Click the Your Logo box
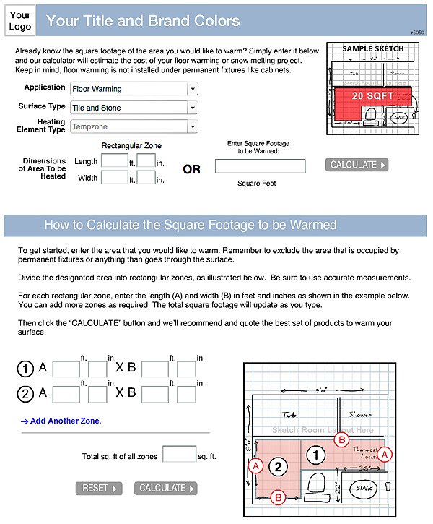pyautogui.click(x=20, y=21)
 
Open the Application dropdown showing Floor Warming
pyautogui.click(x=134, y=89)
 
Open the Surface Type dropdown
pyautogui.click(x=134, y=108)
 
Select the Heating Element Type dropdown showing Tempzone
pyautogui.click(x=134, y=127)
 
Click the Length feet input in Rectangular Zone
pyautogui.click(x=115, y=161)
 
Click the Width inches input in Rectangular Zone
pyautogui.click(x=146, y=177)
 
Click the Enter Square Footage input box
pyautogui.click(x=260, y=166)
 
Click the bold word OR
pyautogui.click(x=191, y=170)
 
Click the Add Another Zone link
pyautogui.click(x=61, y=421)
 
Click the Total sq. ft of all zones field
pyautogui.click(x=179, y=455)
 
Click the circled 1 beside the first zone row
pyautogui.click(x=26, y=369)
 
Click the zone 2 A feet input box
pyautogui.click(x=66, y=394)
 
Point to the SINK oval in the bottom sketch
pyautogui.click(x=362, y=489)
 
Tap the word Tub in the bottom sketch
pyautogui.click(x=289, y=415)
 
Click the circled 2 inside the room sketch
pyautogui.click(x=281, y=466)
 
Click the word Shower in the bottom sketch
pyautogui.click(x=360, y=415)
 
